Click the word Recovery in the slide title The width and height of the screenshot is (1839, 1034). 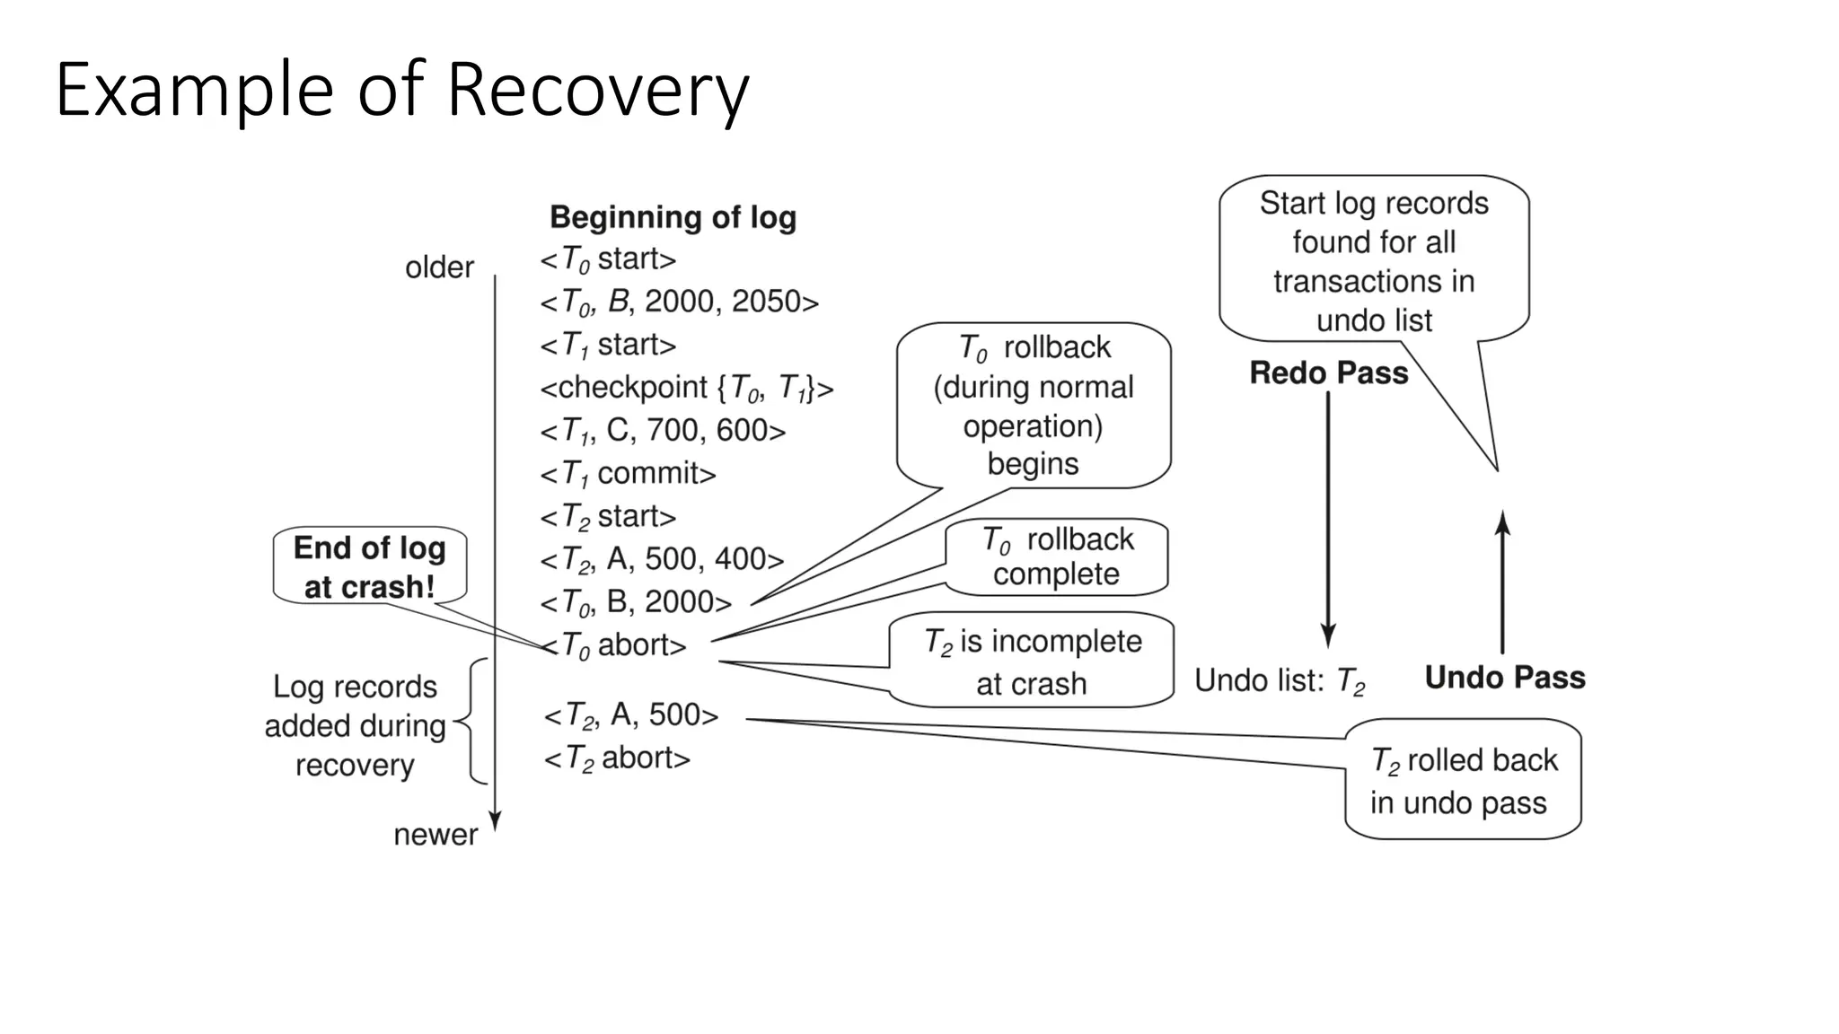coord(596,90)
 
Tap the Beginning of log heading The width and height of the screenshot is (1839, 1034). coord(673,217)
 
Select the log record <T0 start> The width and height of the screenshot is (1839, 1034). coord(608,259)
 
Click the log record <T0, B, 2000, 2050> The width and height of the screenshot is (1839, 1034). coord(679,302)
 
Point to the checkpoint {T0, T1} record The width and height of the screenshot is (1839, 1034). coord(686,388)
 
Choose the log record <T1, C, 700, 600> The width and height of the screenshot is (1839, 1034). coord(662,431)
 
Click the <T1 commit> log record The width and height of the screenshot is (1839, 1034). coord(628,473)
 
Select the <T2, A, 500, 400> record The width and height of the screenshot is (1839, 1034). coord(662,559)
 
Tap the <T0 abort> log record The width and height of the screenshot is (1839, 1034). coord(614,645)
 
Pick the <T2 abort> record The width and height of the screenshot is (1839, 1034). coord(617,758)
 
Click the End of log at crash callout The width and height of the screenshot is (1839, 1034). coord(369,566)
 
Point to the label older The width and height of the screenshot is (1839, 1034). coord(439,267)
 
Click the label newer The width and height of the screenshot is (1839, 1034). coord(436,835)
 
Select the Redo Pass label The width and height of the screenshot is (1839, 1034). coord(1328,372)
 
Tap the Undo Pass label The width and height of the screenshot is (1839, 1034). coord(1505,677)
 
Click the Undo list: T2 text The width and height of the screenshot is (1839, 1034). coord(1279,681)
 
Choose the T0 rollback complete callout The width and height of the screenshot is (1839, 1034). coord(1057,556)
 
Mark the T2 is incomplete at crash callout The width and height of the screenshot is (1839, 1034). coord(1032,662)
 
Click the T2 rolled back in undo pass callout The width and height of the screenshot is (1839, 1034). coord(1463,780)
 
